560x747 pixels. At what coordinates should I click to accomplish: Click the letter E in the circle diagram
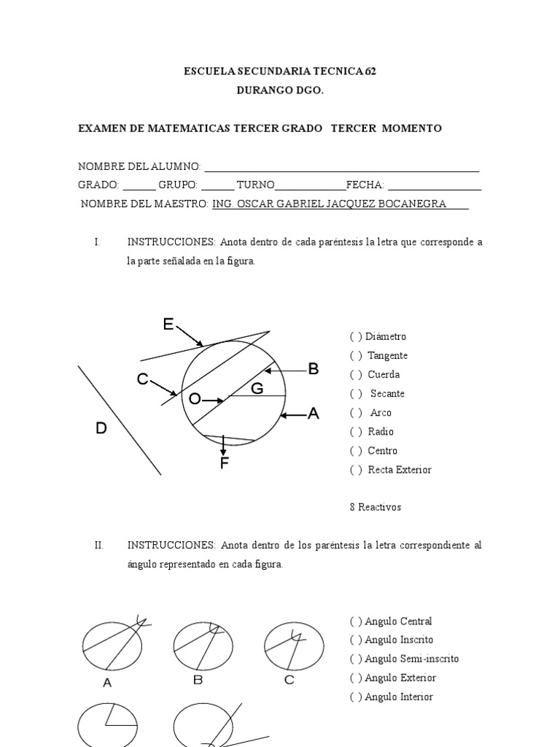pos(168,325)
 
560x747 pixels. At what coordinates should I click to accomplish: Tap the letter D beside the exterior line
pos(101,429)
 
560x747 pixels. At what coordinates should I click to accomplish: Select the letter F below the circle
pos(224,463)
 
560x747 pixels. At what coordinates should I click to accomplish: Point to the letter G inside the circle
pos(257,389)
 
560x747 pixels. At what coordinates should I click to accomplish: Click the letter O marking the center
pos(194,399)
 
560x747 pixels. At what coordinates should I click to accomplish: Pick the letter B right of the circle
pos(314,369)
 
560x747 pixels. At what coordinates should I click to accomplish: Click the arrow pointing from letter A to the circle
pos(293,415)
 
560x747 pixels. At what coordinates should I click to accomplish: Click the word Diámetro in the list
pos(386,337)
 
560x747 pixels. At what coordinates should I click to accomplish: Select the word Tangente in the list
pos(387,356)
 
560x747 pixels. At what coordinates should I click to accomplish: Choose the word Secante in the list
pos(387,394)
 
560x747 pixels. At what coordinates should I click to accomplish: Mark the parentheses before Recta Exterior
pos(356,470)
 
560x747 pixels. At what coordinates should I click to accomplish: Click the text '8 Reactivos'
pos(376,507)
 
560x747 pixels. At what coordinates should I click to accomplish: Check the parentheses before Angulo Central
pos(356,622)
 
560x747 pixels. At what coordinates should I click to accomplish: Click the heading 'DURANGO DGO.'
pos(280,91)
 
